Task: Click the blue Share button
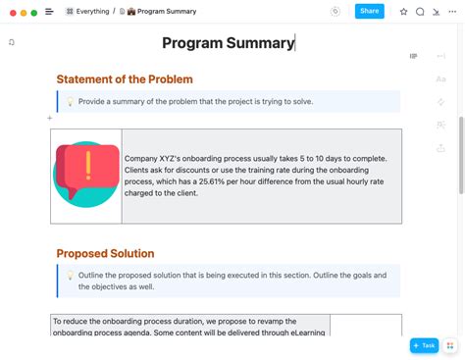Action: pos(369,11)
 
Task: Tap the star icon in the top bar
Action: pos(403,12)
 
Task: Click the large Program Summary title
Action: pos(228,43)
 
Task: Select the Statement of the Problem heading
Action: pos(125,79)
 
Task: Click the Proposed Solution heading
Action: pos(105,253)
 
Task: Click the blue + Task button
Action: pos(424,345)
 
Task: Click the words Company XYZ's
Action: pos(155,159)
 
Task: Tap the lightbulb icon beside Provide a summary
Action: pos(70,102)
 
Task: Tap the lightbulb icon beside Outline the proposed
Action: pos(70,276)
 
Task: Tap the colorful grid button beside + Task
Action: pos(451,345)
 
